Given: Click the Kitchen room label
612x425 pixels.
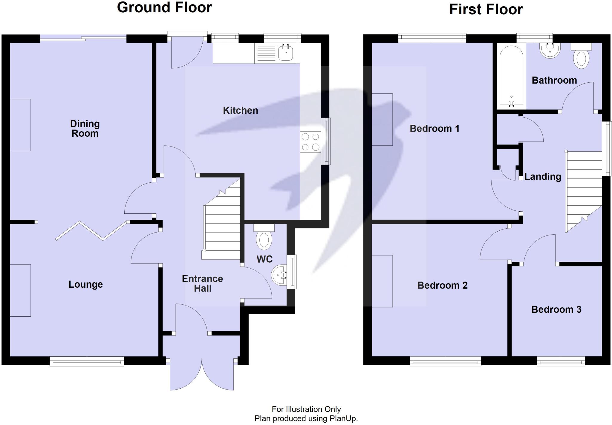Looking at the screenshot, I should pyautogui.click(x=240, y=110).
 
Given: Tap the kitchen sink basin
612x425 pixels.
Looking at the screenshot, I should pyautogui.click(x=285, y=53).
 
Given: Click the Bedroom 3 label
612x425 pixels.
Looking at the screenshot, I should pyautogui.click(x=556, y=309).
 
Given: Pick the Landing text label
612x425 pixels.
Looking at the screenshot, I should pyautogui.click(x=543, y=177).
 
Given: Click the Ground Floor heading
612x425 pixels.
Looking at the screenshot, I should pyautogui.click(x=164, y=7).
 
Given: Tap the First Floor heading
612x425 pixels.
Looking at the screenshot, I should pyautogui.click(x=486, y=10).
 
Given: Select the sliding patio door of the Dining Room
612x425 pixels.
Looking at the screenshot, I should pyautogui.click(x=83, y=37).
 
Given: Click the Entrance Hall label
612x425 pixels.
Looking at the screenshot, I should pyautogui.click(x=202, y=284).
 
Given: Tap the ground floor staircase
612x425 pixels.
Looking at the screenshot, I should pyautogui.click(x=221, y=227).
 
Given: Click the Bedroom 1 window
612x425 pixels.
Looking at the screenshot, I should pyautogui.click(x=432, y=37).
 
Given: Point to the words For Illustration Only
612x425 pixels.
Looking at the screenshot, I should pyautogui.click(x=306, y=409).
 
